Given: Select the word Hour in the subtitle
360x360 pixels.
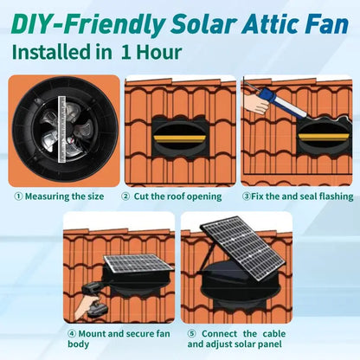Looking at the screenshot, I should [158, 52].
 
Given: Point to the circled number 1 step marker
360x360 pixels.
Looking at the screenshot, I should [17, 196].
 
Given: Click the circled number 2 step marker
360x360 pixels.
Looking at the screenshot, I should [126, 196].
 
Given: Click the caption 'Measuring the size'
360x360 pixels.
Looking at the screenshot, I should [64, 196].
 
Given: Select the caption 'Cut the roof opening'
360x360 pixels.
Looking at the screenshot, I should [178, 196].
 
